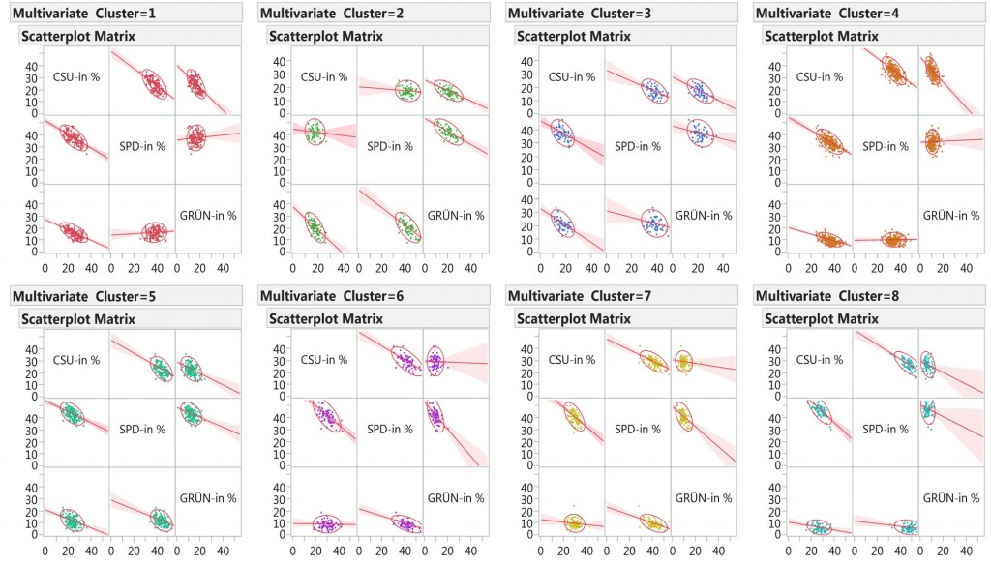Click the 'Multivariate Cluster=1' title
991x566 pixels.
point(84,13)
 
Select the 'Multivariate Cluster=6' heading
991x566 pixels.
point(334,295)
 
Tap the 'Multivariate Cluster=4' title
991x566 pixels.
point(829,13)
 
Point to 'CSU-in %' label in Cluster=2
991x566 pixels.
point(323,77)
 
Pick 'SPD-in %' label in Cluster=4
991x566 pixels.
point(886,146)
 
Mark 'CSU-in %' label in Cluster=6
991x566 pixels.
point(323,360)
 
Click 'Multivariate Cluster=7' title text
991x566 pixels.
point(582,295)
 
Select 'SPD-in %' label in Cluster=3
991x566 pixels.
point(638,146)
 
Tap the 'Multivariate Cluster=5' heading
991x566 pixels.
point(84,295)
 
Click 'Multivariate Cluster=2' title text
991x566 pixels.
point(334,13)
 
